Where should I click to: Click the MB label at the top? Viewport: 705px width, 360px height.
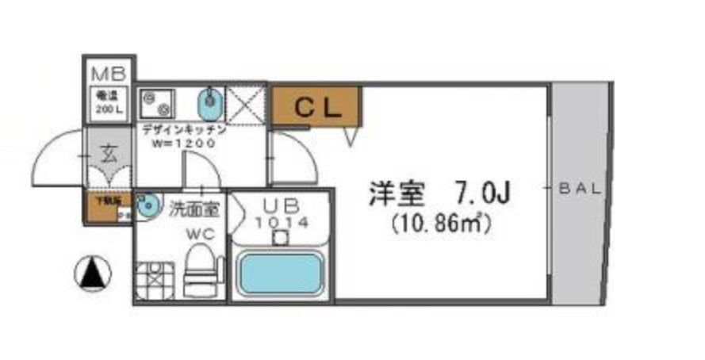tap(109, 75)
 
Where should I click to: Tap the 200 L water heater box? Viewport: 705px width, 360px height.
tap(109, 103)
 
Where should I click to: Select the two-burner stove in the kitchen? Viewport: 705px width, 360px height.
tap(159, 102)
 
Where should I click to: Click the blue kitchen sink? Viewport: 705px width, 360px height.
tap(211, 101)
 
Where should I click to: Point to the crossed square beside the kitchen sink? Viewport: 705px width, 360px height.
tap(246, 101)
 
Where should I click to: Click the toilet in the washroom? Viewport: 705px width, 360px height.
tap(199, 270)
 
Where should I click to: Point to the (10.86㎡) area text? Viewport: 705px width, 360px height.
tap(442, 224)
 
